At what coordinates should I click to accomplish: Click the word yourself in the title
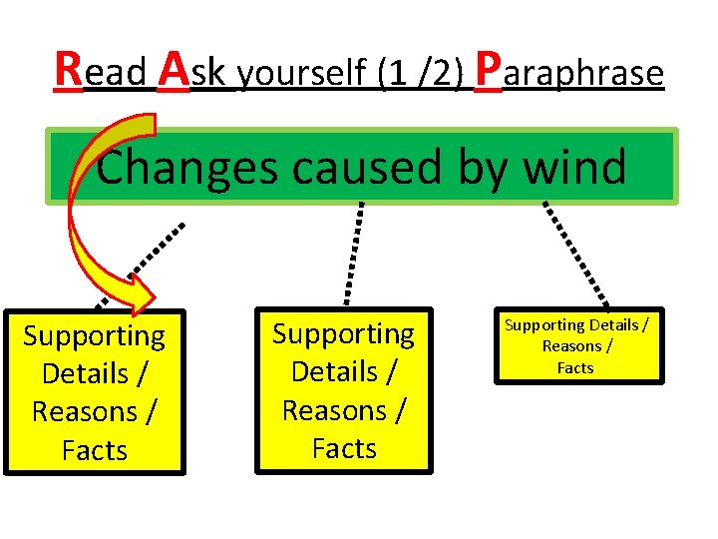pyautogui.click(x=304, y=74)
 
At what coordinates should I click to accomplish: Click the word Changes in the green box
pyautogui.click(x=187, y=167)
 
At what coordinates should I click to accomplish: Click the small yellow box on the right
pyautogui.click(x=575, y=345)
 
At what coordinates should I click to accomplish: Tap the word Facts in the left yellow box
pyautogui.click(x=95, y=451)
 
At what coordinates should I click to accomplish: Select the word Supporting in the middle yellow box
pyautogui.click(x=344, y=333)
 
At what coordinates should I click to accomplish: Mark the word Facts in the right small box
pyautogui.click(x=575, y=367)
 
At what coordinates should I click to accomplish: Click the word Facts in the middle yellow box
pyautogui.click(x=344, y=449)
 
